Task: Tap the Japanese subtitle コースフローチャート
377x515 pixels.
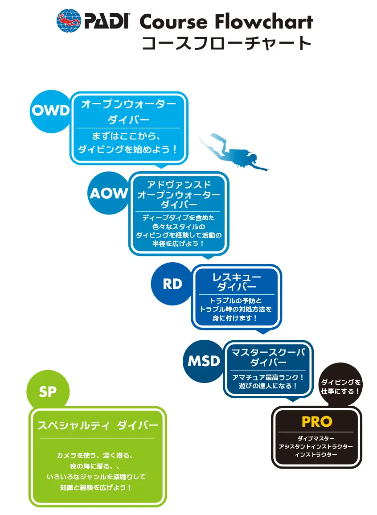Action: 226,44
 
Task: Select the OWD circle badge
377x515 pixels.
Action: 50,111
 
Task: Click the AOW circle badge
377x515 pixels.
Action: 108,193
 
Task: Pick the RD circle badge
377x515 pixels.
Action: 172,284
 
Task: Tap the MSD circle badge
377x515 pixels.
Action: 204,361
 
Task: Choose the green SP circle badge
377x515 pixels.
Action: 48,391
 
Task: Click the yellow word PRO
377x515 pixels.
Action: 317,421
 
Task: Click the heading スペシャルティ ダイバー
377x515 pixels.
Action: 98,426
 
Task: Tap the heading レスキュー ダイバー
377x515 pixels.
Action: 237,282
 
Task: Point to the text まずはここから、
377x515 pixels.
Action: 128,136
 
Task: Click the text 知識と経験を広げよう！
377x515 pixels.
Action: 96,487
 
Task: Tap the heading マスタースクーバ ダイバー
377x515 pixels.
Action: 268,357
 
